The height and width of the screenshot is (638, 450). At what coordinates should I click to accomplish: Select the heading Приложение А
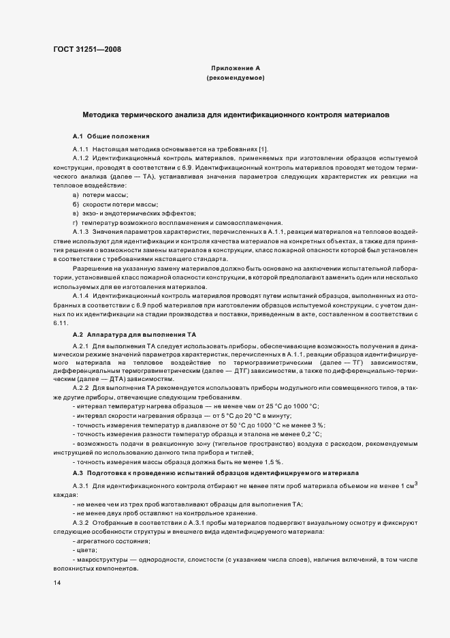pos(235,69)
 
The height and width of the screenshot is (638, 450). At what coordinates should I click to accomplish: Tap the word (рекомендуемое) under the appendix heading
pos(235,79)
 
